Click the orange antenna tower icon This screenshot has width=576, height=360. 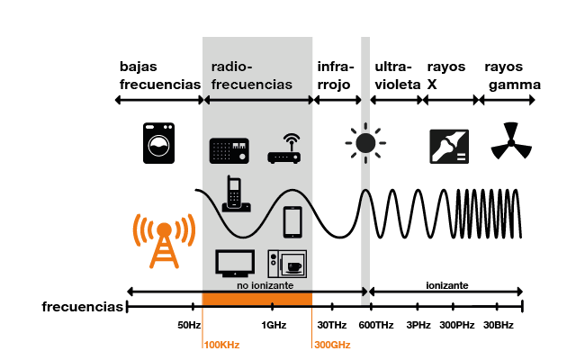pos(163,240)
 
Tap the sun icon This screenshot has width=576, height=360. pos(364,142)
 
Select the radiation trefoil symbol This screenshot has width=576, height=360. pos(507,142)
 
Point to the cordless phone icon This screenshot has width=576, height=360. pos(235,193)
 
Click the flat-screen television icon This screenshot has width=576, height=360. pos(234,263)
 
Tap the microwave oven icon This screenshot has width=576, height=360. pos(287,263)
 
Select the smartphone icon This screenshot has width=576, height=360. pos(292,220)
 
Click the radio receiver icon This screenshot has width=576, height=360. pos(229,150)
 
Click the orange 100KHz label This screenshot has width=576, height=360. pos(221,345)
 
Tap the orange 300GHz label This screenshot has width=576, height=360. pos(331,345)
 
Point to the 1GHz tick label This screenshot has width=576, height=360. pos(274,325)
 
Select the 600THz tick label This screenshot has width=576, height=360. pos(376,325)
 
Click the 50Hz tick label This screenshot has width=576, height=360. pos(188,325)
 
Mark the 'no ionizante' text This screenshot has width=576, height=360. pos(257,285)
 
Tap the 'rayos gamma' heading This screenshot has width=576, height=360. pos(512,76)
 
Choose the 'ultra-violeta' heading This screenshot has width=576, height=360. pos(396,76)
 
